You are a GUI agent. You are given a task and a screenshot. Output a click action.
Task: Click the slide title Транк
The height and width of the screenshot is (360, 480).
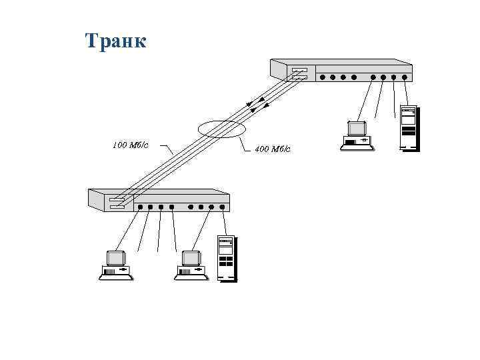coord(115,41)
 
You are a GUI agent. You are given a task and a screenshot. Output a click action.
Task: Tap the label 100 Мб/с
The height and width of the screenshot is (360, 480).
coord(130,144)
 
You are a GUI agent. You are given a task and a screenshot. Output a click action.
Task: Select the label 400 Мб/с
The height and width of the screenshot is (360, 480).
coord(273,149)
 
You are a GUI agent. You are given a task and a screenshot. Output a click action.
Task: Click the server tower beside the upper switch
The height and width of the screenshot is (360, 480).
coord(408,127)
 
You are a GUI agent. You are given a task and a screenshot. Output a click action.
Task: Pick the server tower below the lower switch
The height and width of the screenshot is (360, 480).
coord(227,257)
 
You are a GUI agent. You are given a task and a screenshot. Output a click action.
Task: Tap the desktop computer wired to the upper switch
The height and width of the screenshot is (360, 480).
coord(357,135)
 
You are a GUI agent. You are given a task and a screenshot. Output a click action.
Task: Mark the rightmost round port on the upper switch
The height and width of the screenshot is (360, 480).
coord(405,77)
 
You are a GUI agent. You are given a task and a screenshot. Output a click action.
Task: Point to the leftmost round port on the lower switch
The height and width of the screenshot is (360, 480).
coord(140,207)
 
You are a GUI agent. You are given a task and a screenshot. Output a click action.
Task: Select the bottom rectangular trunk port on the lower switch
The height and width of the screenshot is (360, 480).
coord(117,207)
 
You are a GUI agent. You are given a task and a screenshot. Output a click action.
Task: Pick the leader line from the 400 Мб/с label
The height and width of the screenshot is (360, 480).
coord(245,142)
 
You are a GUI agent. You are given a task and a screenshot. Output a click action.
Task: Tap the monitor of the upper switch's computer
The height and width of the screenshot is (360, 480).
coord(357,128)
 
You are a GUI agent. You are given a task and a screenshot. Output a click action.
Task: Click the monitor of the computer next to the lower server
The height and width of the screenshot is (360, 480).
coord(191,259)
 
